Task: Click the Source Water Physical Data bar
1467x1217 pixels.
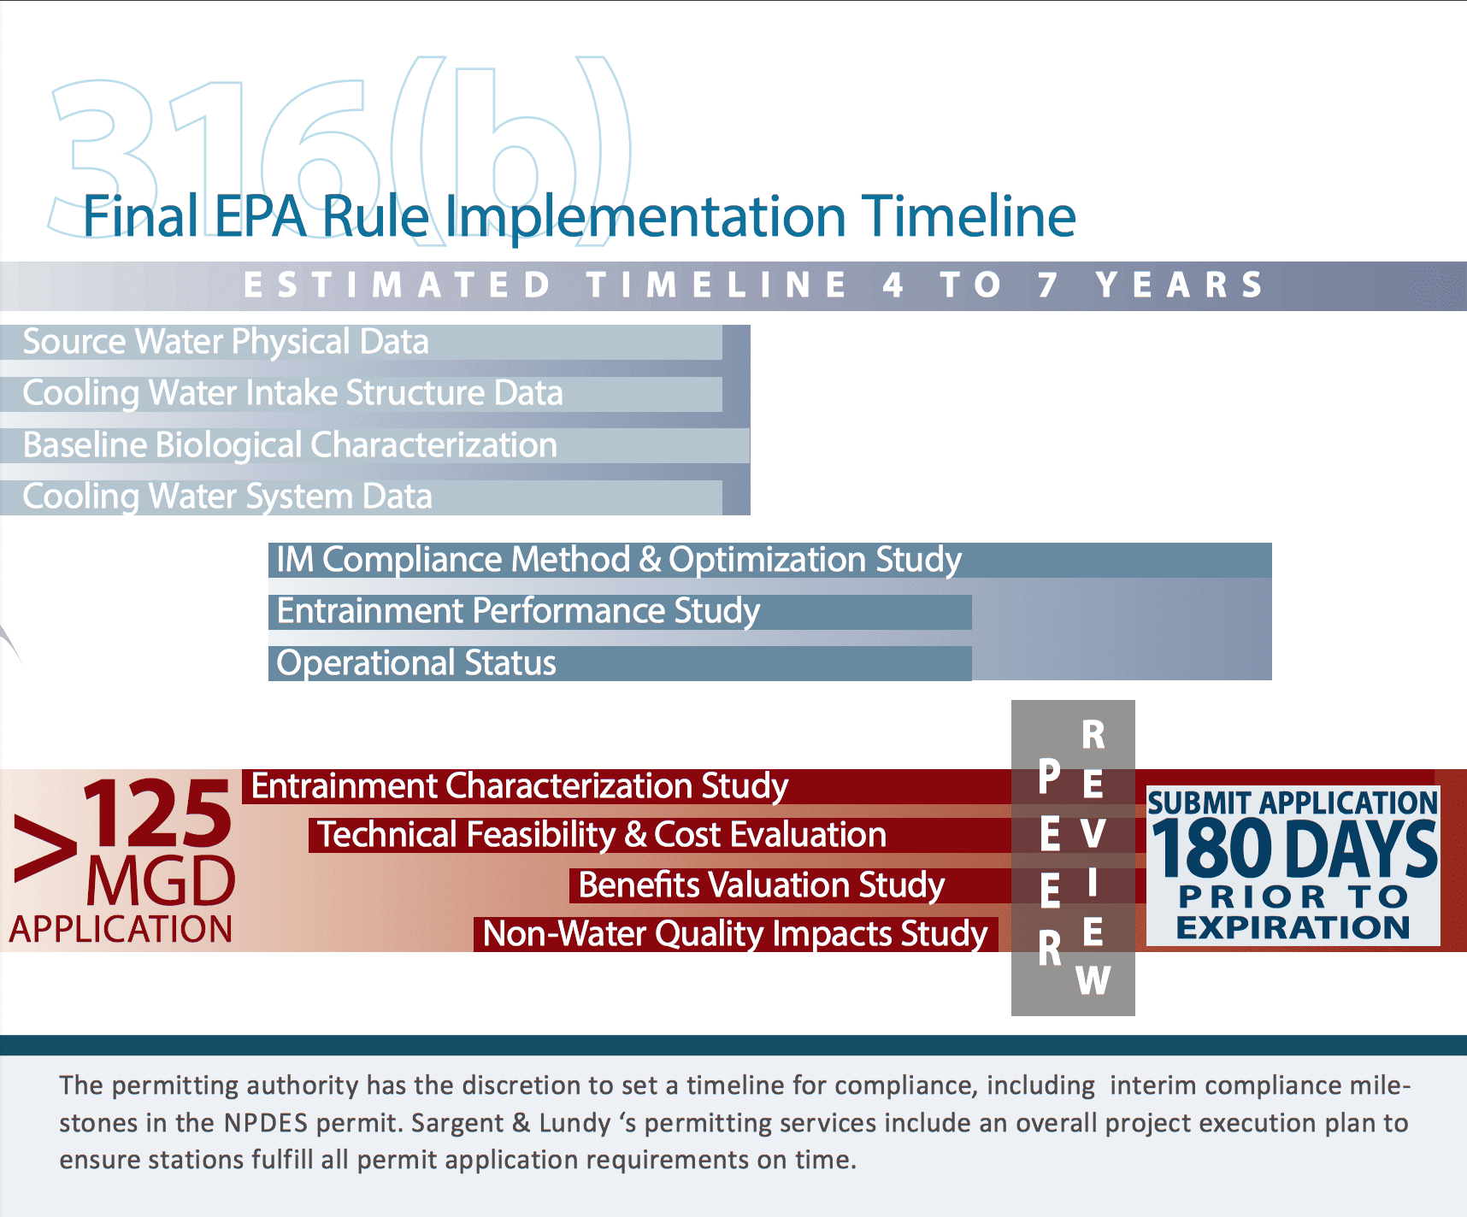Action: pyautogui.click(x=361, y=342)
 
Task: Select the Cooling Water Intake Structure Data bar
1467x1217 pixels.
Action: pyautogui.click(x=361, y=394)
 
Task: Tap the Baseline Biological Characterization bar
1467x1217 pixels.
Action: pyautogui.click(x=374, y=445)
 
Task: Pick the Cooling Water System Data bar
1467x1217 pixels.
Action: pyautogui.click(x=361, y=497)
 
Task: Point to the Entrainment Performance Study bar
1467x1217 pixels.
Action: pyautogui.click(x=620, y=612)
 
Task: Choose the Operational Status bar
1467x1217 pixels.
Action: pyautogui.click(x=620, y=663)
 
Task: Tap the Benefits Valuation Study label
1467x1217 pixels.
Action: pyautogui.click(x=762, y=885)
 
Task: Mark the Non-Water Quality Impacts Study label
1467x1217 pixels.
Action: pyautogui.click(x=735, y=934)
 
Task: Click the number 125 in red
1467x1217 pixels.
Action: pyautogui.click(x=158, y=814)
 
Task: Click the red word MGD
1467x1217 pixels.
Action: pyautogui.click(x=161, y=881)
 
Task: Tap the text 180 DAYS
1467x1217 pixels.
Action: pyautogui.click(x=1295, y=849)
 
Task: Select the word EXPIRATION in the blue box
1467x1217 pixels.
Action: pyautogui.click(x=1293, y=927)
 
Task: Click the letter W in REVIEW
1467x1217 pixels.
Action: pyautogui.click(x=1093, y=981)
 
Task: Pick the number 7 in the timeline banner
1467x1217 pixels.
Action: pyautogui.click(x=1048, y=285)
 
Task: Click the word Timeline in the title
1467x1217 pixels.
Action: pyautogui.click(x=969, y=215)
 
